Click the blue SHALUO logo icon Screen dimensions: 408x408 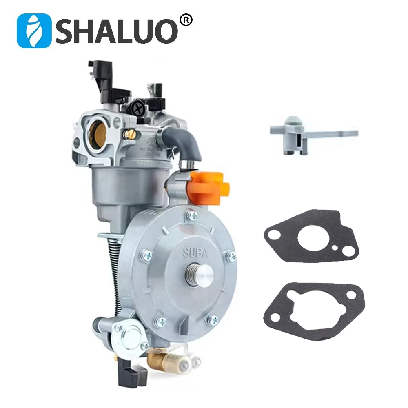click(x=33, y=31)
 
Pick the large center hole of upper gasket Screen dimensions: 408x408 click(x=313, y=239)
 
